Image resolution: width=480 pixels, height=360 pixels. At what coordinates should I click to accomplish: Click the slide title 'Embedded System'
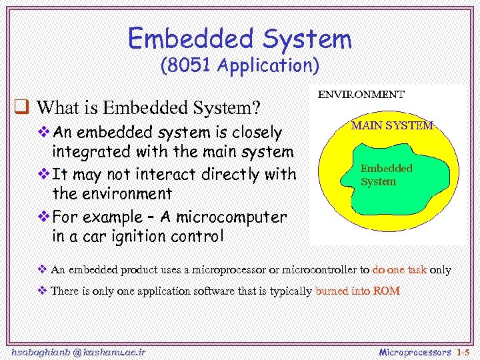(x=239, y=39)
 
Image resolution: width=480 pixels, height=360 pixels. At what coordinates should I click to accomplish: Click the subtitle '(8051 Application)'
(x=240, y=66)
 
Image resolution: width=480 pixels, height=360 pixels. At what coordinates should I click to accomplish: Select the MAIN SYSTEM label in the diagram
(x=392, y=125)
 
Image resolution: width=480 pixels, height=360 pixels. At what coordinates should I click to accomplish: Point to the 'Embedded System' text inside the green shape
(x=387, y=175)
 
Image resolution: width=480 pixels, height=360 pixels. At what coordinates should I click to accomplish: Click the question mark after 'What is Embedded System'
(x=255, y=107)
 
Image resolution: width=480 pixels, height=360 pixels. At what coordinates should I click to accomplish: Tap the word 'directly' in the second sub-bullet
(x=234, y=174)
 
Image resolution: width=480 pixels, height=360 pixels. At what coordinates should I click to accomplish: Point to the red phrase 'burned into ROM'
(x=357, y=291)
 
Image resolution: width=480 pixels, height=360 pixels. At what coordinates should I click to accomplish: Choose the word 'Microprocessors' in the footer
(x=415, y=351)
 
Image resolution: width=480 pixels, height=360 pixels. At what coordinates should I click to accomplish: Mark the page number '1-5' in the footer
(x=463, y=351)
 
